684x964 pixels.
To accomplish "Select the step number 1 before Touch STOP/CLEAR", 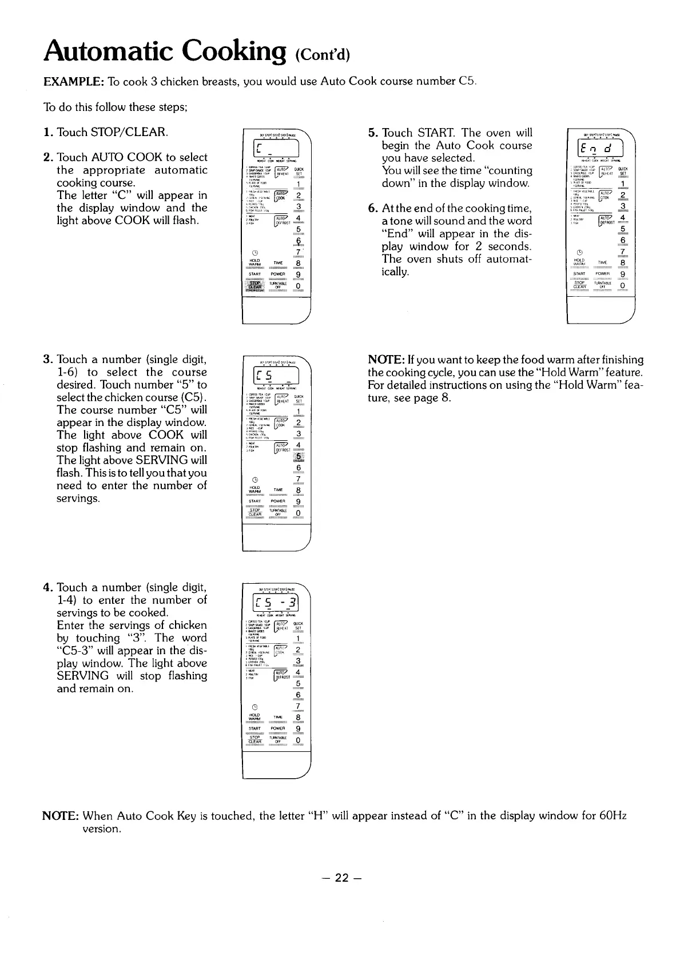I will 47,133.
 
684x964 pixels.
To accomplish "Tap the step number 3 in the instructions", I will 47,360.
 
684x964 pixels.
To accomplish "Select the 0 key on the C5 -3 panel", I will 298,742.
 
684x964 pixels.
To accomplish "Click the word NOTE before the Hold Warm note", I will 387,360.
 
